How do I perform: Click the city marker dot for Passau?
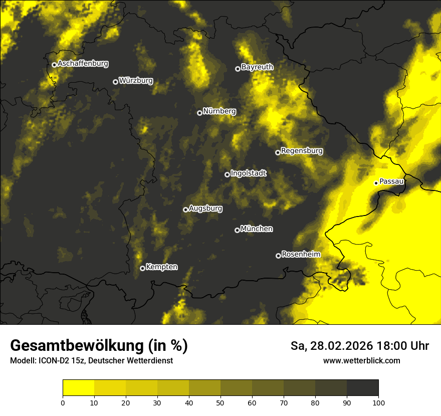tap(376, 183)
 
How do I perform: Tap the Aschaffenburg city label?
tap(83, 64)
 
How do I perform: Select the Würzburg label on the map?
tap(136, 81)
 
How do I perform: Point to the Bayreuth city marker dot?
tap(238, 69)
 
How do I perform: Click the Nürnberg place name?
tap(219, 111)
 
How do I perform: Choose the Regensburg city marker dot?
tap(278, 152)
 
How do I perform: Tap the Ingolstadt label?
tap(249, 173)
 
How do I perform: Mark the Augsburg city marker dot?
tap(185, 210)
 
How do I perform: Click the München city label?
tap(257, 229)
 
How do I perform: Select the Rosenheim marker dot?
tap(278, 256)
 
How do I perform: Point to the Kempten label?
tap(161, 267)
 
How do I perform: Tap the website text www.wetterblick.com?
tap(361, 360)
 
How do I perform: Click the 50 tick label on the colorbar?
tap(220, 402)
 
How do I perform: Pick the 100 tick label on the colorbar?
tap(378, 402)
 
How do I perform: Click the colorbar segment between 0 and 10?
tap(78, 388)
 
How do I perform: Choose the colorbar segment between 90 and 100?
tap(362, 388)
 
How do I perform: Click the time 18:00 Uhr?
tap(409, 346)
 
